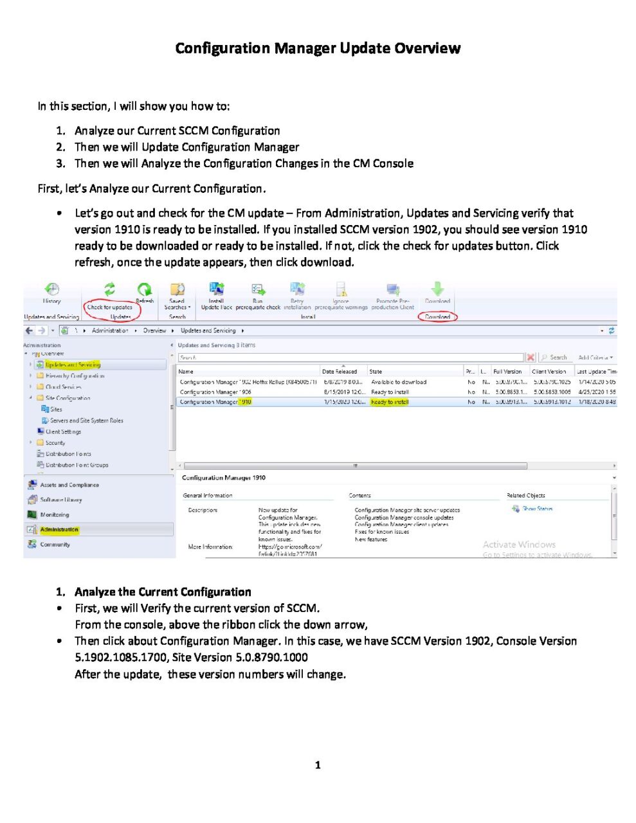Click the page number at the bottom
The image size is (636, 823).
[x=318, y=764]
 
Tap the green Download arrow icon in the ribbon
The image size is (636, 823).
[x=437, y=289]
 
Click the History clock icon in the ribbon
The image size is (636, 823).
[x=51, y=289]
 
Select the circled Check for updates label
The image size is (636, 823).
[x=110, y=307]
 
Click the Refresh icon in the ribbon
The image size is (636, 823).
[x=144, y=291]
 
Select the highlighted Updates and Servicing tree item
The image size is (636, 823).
[x=73, y=365]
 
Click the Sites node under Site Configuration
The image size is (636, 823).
[x=56, y=409]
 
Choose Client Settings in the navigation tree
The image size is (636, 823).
[x=63, y=431]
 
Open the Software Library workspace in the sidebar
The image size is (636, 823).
[x=60, y=500]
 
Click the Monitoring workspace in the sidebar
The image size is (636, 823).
[x=55, y=514]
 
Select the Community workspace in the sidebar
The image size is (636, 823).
[x=55, y=544]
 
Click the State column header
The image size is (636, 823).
[x=376, y=372]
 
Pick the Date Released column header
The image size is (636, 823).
[x=339, y=372]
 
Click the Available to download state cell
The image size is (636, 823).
[x=399, y=382]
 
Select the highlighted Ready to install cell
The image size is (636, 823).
[x=390, y=402]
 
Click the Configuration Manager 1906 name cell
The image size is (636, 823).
[x=215, y=392]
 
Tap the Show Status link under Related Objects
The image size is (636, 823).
[x=537, y=509]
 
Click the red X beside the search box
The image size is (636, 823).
[x=531, y=357]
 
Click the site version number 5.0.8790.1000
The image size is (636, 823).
[x=272, y=657]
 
